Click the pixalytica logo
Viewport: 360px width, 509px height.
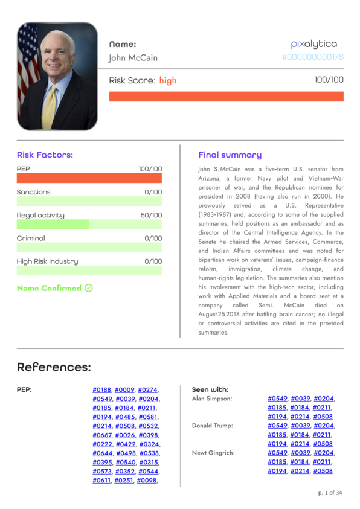pyautogui.click(x=313, y=44)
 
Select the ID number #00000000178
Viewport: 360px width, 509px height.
pyautogui.click(x=312, y=57)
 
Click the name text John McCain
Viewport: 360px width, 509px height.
pyautogui.click(x=133, y=58)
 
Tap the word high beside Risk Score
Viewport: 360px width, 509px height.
pyautogui.click(x=168, y=80)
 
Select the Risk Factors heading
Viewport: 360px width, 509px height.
pyautogui.click(x=45, y=155)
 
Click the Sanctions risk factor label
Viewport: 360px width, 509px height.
pyautogui.click(x=34, y=192)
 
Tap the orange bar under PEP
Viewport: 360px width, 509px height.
pyautogui.click(x=89, y=179)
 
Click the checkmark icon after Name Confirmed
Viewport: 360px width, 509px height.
pyautogui.click(x=89, y=288)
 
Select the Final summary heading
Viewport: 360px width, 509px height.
pyautogui.click(x=230, y=155)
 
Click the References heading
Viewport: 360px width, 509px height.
pyautogui.click(x=54, y=367)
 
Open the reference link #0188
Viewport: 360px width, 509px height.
pyautogui.click(x=101, y=390)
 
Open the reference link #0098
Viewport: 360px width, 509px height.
pyautogui.click(x=147, y=480)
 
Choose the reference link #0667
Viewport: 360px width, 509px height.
pyautogui.click(x=101, y=435)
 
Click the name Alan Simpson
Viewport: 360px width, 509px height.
pyautogui.click(x=211, y=399)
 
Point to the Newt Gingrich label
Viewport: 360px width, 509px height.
pyautogui.click(x=213, y=453)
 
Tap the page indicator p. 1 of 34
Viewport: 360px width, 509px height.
pyautogui.click(x=330, y=493)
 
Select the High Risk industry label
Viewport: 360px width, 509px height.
pyautogui.click(x=47, y=261)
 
